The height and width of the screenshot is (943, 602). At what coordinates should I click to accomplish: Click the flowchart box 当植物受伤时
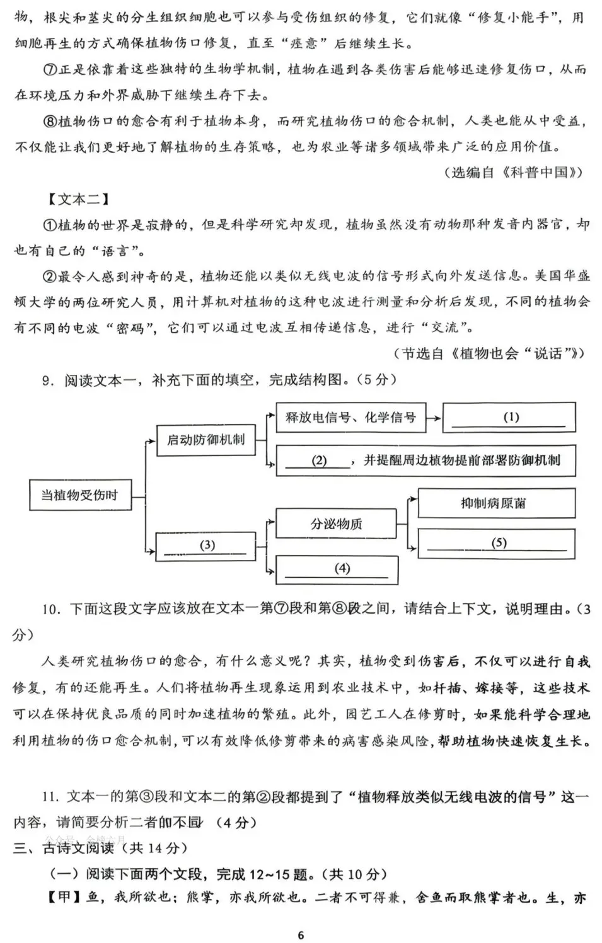(x=79, y=495)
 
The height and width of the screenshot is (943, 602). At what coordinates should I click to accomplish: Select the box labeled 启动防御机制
(x=205, y=440)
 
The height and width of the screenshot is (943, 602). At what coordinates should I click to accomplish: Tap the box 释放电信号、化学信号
(x=350, y=418)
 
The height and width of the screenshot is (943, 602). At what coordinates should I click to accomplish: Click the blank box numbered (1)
(x=509, y=418)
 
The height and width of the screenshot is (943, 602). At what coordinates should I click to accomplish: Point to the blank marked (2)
(x=319, y=460)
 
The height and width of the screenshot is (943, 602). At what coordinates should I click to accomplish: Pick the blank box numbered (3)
(x=205, y=546)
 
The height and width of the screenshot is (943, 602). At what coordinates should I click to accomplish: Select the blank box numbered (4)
(x=337, y=569)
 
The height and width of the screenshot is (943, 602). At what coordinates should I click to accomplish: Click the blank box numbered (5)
(x=497, y=543)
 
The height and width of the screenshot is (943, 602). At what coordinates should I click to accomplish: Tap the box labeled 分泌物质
(x=337, y=524)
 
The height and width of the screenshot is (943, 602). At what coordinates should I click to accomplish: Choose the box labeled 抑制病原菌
(x=497, y=503)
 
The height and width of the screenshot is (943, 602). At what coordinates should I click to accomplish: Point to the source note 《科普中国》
(x=543, y=173)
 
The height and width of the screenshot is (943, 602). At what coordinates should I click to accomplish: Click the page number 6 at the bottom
(x=301, y=935)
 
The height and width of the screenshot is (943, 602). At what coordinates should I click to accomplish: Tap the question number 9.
(x=46, y=380)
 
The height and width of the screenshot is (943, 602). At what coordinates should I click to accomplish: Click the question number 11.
(x=50, y=797)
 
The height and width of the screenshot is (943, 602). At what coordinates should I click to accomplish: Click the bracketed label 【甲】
(x=64, y=897)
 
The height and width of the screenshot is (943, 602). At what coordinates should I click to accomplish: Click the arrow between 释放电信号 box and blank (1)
(x=434, y=418)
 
